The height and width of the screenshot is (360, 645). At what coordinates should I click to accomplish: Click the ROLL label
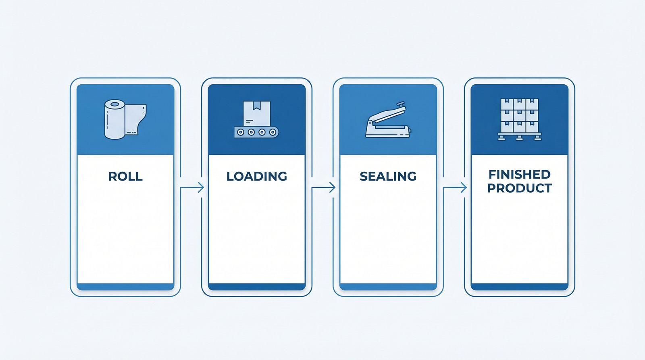click(125, 176)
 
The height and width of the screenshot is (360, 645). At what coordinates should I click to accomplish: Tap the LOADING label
click(256, 176)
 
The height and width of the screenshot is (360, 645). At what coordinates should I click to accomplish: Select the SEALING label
click(388, 176)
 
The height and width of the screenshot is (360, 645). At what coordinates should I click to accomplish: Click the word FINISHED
click(520, 175)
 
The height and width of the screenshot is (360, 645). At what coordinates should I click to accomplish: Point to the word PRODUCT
click(520, 188)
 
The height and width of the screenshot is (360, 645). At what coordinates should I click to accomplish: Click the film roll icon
click(125, 119)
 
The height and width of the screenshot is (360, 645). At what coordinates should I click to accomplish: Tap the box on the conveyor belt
click(256, 113)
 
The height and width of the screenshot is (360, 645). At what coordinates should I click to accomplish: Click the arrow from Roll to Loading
click(192, 187)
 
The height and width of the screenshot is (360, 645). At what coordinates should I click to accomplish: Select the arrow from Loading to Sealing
click(323, 187)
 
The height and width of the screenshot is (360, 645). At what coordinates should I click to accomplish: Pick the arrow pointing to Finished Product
click(455, 187)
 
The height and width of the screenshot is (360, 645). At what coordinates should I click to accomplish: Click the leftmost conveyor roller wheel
click(240, 132)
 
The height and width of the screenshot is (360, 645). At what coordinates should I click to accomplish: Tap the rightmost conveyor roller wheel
click(273, 132)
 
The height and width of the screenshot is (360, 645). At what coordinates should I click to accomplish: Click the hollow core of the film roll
click(114, 104)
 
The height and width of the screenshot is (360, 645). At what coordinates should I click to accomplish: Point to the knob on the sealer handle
click(400, 103)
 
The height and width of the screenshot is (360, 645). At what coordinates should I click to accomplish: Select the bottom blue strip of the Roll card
click(125, 287)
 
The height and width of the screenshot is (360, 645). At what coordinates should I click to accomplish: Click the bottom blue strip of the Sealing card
click(388, 287)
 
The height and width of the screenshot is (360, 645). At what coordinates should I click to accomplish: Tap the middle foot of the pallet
click(520, 138)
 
